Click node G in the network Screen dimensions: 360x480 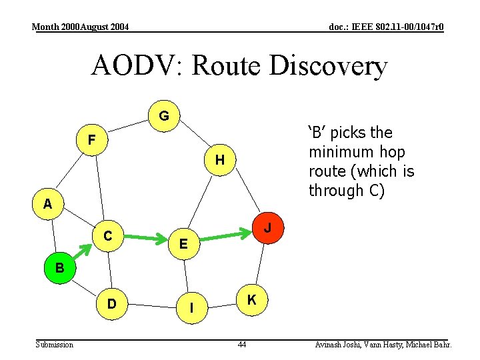point(163,116)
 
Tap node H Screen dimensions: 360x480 point(219,160)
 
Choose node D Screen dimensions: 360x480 point(112,304)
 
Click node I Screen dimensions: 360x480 point(192,307)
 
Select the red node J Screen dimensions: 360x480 point(267,228)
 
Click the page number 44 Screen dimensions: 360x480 point(241,345)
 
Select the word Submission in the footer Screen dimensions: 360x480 point(55,345)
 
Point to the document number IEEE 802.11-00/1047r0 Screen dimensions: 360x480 point(386,27)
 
